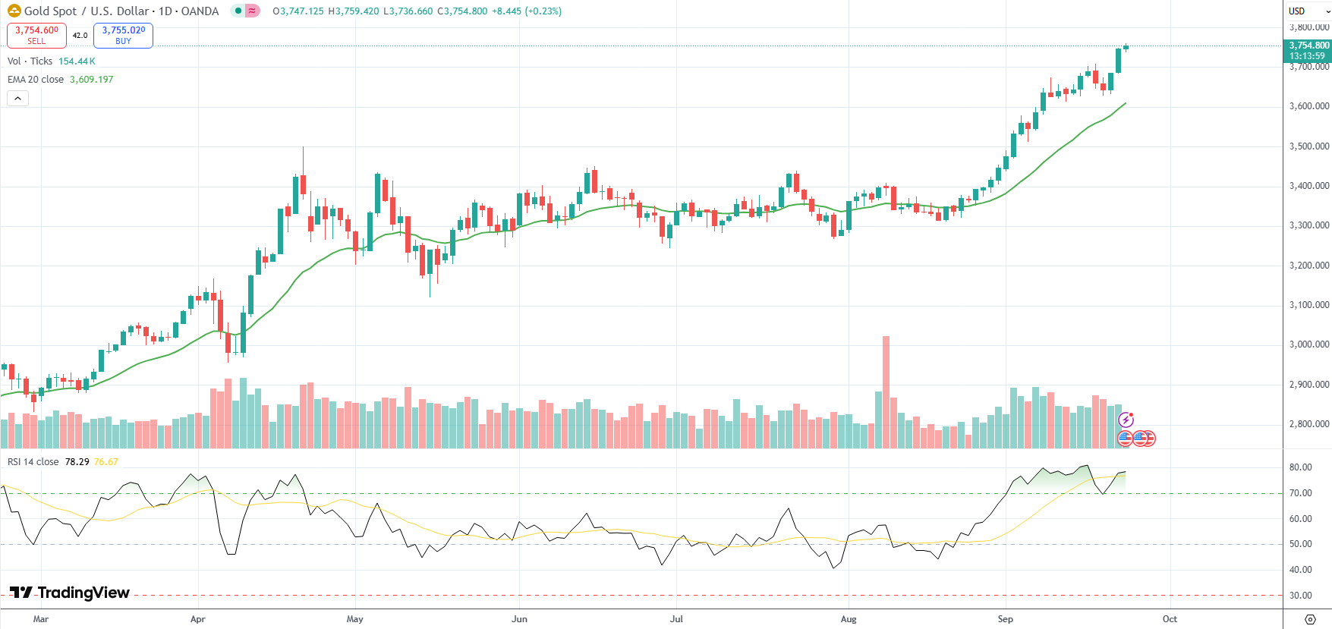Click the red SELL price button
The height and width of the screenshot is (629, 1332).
pos(36,35)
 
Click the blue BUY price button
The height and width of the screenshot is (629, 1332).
pos(123,35)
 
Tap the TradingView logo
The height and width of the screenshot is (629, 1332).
pos(70,593)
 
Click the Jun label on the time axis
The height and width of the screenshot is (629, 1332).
pos(519,619)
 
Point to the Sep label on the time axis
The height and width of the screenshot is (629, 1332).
pos(1005,619)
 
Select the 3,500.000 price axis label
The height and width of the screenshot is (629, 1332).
pos(1309,146)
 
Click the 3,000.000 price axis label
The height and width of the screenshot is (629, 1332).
pos(1309,344)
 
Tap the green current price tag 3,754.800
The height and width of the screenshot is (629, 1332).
pos(1308,50)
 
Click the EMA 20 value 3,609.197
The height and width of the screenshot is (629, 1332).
pos(91,80)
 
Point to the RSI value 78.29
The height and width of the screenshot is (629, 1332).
pos(77,462)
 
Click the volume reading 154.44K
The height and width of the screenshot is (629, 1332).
pos(77,61)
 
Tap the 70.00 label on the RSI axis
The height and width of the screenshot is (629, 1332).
pos(1300,493)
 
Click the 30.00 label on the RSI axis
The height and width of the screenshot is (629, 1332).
pos(1300,596)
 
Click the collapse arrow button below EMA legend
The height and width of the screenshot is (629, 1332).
pos(17,99)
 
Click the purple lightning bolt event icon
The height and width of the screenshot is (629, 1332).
pos(1126,420)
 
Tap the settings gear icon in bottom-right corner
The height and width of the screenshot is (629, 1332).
pos(1310,619)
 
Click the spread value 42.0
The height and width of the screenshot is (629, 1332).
pos(80,36)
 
